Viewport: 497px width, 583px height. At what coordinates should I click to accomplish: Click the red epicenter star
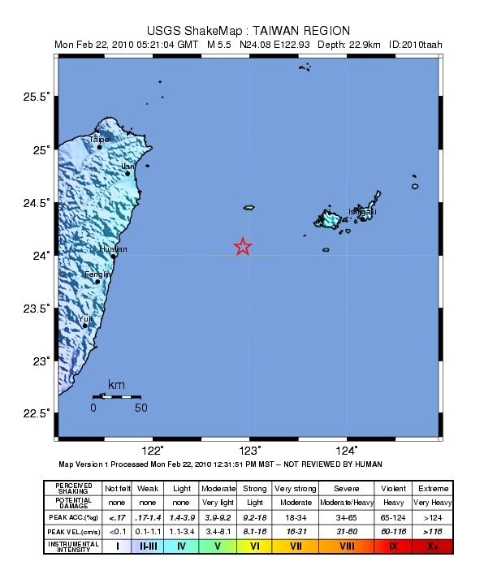click(243, 247)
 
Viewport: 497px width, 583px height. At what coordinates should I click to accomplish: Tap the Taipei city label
click(100, 139)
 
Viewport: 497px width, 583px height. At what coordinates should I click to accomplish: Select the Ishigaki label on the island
click(362, 212)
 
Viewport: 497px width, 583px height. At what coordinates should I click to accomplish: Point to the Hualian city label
click(113, 249)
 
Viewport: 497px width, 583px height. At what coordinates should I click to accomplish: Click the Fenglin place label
click(97, 274)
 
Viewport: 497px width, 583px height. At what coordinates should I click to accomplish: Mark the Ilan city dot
click(127, 174)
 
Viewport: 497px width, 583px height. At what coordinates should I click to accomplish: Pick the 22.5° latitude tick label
click(36, 414)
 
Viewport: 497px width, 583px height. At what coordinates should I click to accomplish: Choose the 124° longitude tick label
click(347, 451)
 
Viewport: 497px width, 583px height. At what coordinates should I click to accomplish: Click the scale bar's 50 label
click(140, 408)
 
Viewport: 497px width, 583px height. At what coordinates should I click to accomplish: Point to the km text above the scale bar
click(117, 384)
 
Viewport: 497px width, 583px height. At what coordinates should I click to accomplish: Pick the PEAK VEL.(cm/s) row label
click(73, 530)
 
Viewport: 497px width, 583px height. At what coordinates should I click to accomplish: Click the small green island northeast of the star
click(248, 208)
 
